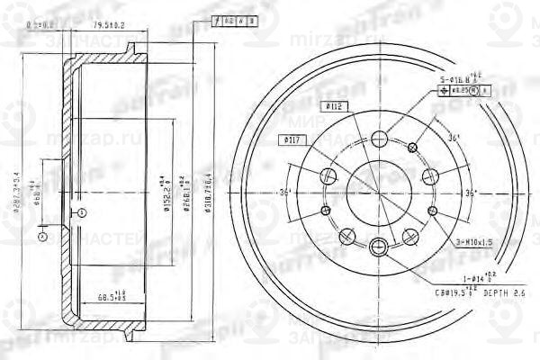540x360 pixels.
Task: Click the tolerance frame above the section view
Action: click(x=233, y=18)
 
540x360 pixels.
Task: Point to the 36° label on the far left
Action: click(x=284, y=192)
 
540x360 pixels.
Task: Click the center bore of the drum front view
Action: click(x=377, y=192)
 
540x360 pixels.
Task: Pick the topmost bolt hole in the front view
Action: click(x=378, y=138)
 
